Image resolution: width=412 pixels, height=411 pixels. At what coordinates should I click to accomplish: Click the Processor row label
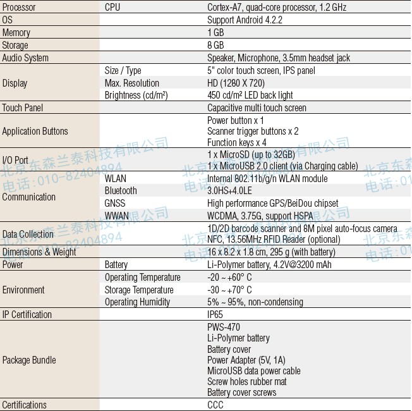19,8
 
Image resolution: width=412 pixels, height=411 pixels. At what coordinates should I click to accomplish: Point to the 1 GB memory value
215,33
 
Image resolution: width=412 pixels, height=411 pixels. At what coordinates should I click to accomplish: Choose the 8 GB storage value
215,46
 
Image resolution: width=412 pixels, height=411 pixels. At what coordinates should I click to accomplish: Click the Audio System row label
25,58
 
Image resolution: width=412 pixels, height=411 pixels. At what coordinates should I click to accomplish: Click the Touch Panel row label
23,108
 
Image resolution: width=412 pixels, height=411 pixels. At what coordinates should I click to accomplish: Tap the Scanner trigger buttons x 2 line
253,132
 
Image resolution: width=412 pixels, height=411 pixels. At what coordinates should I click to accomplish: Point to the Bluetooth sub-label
121,190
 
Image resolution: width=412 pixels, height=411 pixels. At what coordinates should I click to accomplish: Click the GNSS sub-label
115,203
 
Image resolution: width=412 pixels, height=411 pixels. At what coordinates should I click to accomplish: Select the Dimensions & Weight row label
39,252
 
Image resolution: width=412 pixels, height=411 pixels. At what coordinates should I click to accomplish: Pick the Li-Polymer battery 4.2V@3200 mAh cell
269,264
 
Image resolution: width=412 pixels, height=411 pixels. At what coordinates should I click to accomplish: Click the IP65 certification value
215,314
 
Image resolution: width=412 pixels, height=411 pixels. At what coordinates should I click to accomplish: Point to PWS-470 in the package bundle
224,328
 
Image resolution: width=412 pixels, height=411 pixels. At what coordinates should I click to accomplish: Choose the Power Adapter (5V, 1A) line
246,360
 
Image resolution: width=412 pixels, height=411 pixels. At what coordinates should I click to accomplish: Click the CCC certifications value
215,405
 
